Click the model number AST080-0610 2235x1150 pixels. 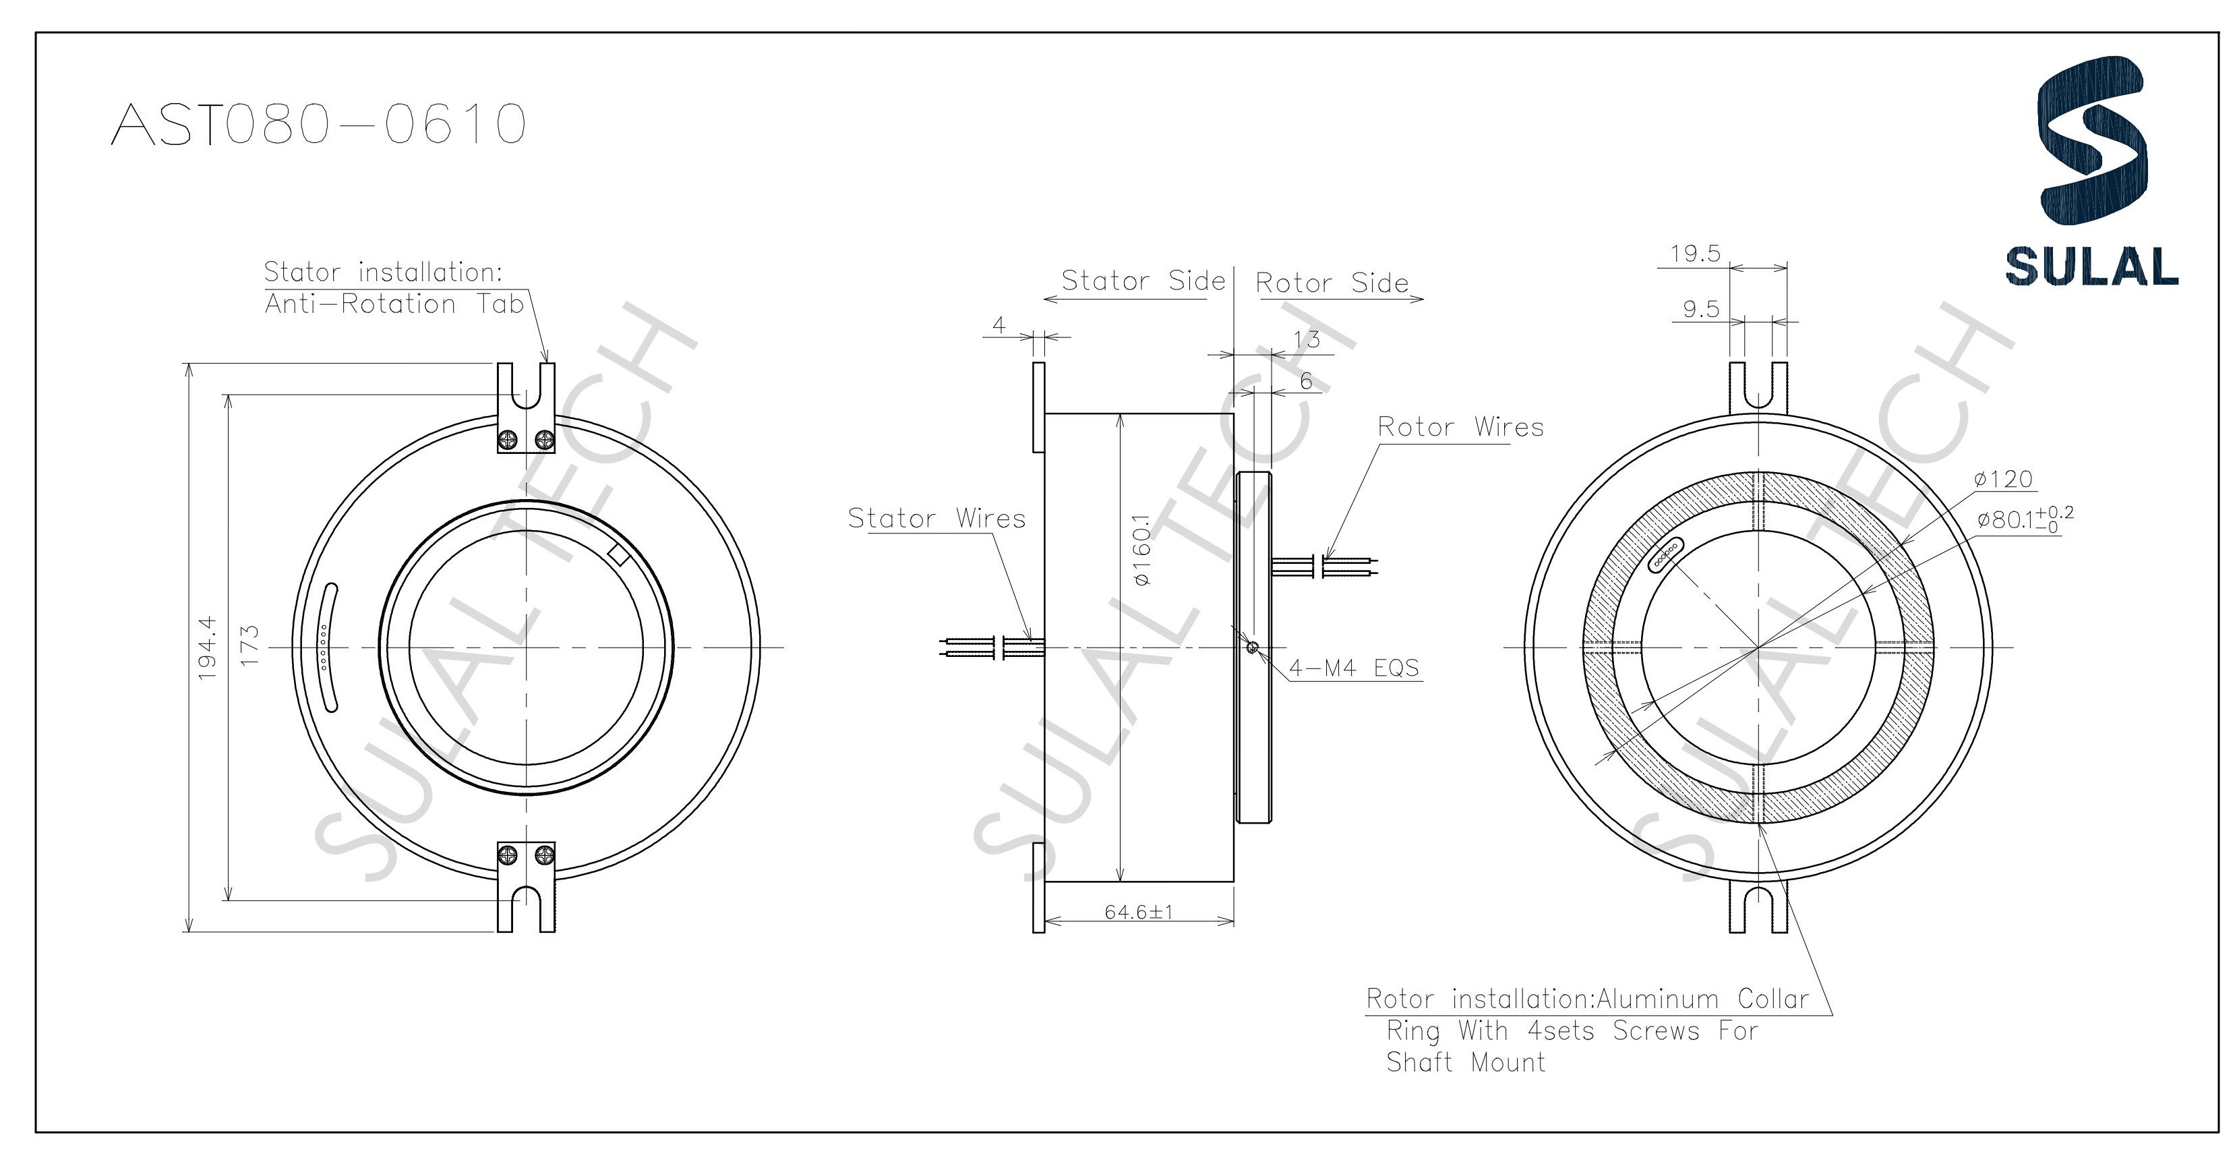pos(318,124)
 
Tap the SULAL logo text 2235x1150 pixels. pos(2091,266)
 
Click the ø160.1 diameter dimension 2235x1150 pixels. pos(1141,550)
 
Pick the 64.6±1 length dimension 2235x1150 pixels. pos(1138,912)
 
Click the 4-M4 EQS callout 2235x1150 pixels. pos(1354,668)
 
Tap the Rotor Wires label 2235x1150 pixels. pos(1460,427)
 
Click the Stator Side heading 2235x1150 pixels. pos(1143,281)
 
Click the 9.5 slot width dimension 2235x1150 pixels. pos(1700,310)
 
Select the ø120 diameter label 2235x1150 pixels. pos(2002,479)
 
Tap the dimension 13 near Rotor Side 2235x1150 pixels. pos(1306,339)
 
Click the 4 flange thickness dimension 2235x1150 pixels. pos(999,326)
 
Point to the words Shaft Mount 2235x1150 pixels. pos(1466,1062)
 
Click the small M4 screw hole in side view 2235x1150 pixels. pos(1251,647)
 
